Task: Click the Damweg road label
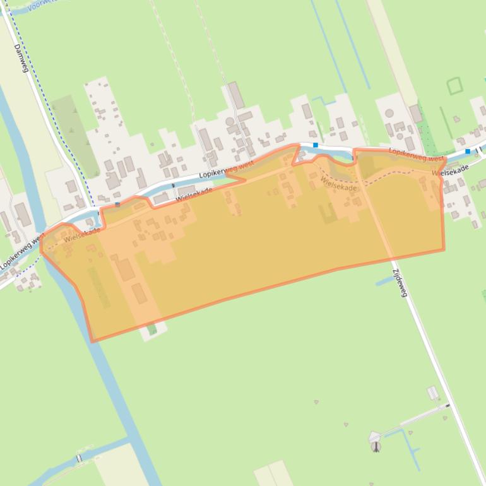point(21,57)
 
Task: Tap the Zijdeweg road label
point(400,282)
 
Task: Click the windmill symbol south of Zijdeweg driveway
point(376,446)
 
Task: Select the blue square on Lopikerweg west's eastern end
point(468,151)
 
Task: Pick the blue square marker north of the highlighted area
point(316,145)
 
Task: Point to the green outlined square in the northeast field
point(454,86)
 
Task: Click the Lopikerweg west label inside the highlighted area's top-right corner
point(416,155)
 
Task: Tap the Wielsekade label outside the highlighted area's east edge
point(451,170)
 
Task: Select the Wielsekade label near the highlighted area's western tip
point(81,235)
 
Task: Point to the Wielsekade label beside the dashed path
point(338,184)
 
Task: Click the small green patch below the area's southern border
point(152,329)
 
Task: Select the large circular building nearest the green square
point(389,114)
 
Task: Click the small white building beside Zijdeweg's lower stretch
point(433,393)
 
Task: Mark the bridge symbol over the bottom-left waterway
point(80,458)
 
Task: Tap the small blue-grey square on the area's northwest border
point(117,204)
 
